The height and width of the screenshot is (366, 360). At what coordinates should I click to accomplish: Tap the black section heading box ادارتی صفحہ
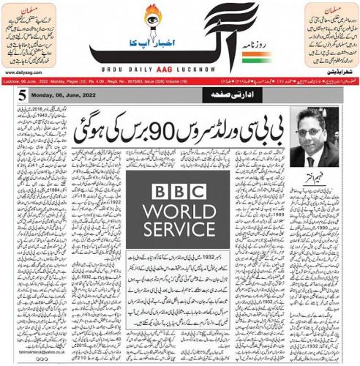[x=179, y=95]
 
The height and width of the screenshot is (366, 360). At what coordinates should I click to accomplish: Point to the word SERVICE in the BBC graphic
[x=179, y=239]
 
